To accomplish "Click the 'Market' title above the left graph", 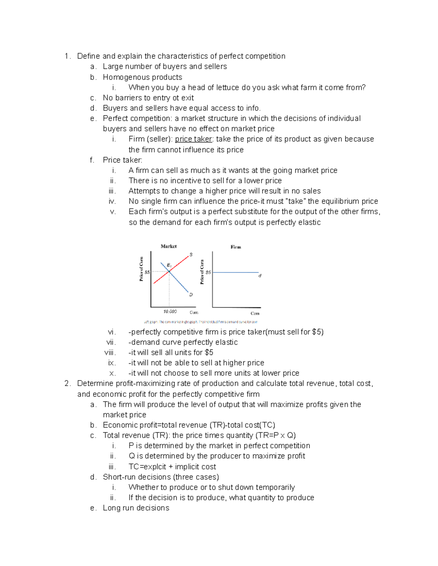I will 169,246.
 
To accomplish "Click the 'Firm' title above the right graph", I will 236,247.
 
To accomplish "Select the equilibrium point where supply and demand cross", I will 169,272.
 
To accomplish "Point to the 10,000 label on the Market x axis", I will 170,312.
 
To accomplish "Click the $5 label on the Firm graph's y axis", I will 208,272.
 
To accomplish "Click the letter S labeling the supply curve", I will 191,254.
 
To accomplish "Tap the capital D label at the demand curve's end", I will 191,294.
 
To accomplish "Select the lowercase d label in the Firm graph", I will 260,276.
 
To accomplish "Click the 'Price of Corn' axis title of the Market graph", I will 141,269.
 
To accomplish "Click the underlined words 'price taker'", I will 193,139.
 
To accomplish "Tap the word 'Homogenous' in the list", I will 122,77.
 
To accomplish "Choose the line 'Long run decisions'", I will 136,508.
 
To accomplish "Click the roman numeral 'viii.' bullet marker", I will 110,353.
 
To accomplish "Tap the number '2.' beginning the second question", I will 67,383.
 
